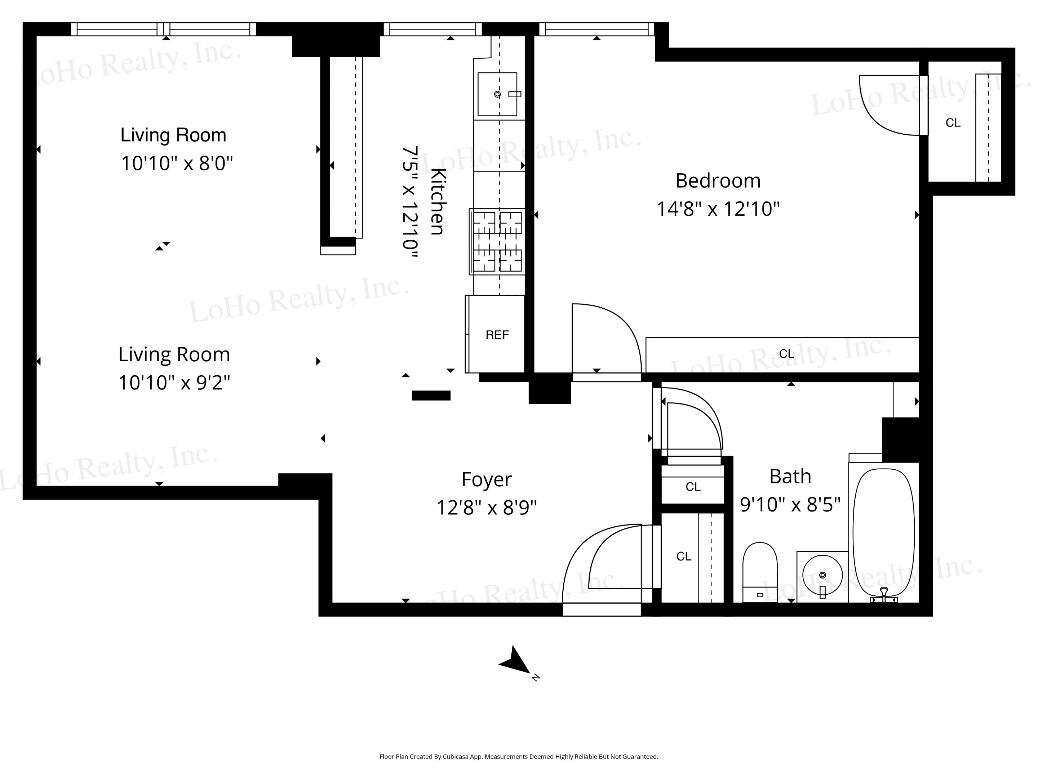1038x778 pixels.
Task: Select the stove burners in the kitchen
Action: coord(497,242)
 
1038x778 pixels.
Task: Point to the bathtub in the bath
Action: coord(884,532)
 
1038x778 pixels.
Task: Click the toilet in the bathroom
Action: coord(760,572)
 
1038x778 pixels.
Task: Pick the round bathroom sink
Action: coord(822,575)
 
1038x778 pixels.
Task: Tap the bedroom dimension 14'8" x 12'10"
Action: coord(718,209)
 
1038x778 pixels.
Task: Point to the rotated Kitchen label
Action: coord(437,201)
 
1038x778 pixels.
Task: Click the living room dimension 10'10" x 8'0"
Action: coord(177,163)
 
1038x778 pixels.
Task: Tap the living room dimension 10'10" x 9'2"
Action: coord(174,383)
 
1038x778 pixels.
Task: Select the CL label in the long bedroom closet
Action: coord(787,354)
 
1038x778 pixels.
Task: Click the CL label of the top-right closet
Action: coord(953,122)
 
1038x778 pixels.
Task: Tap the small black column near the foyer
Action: coord(431,395)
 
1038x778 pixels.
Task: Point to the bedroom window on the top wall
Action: coord(597,29)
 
